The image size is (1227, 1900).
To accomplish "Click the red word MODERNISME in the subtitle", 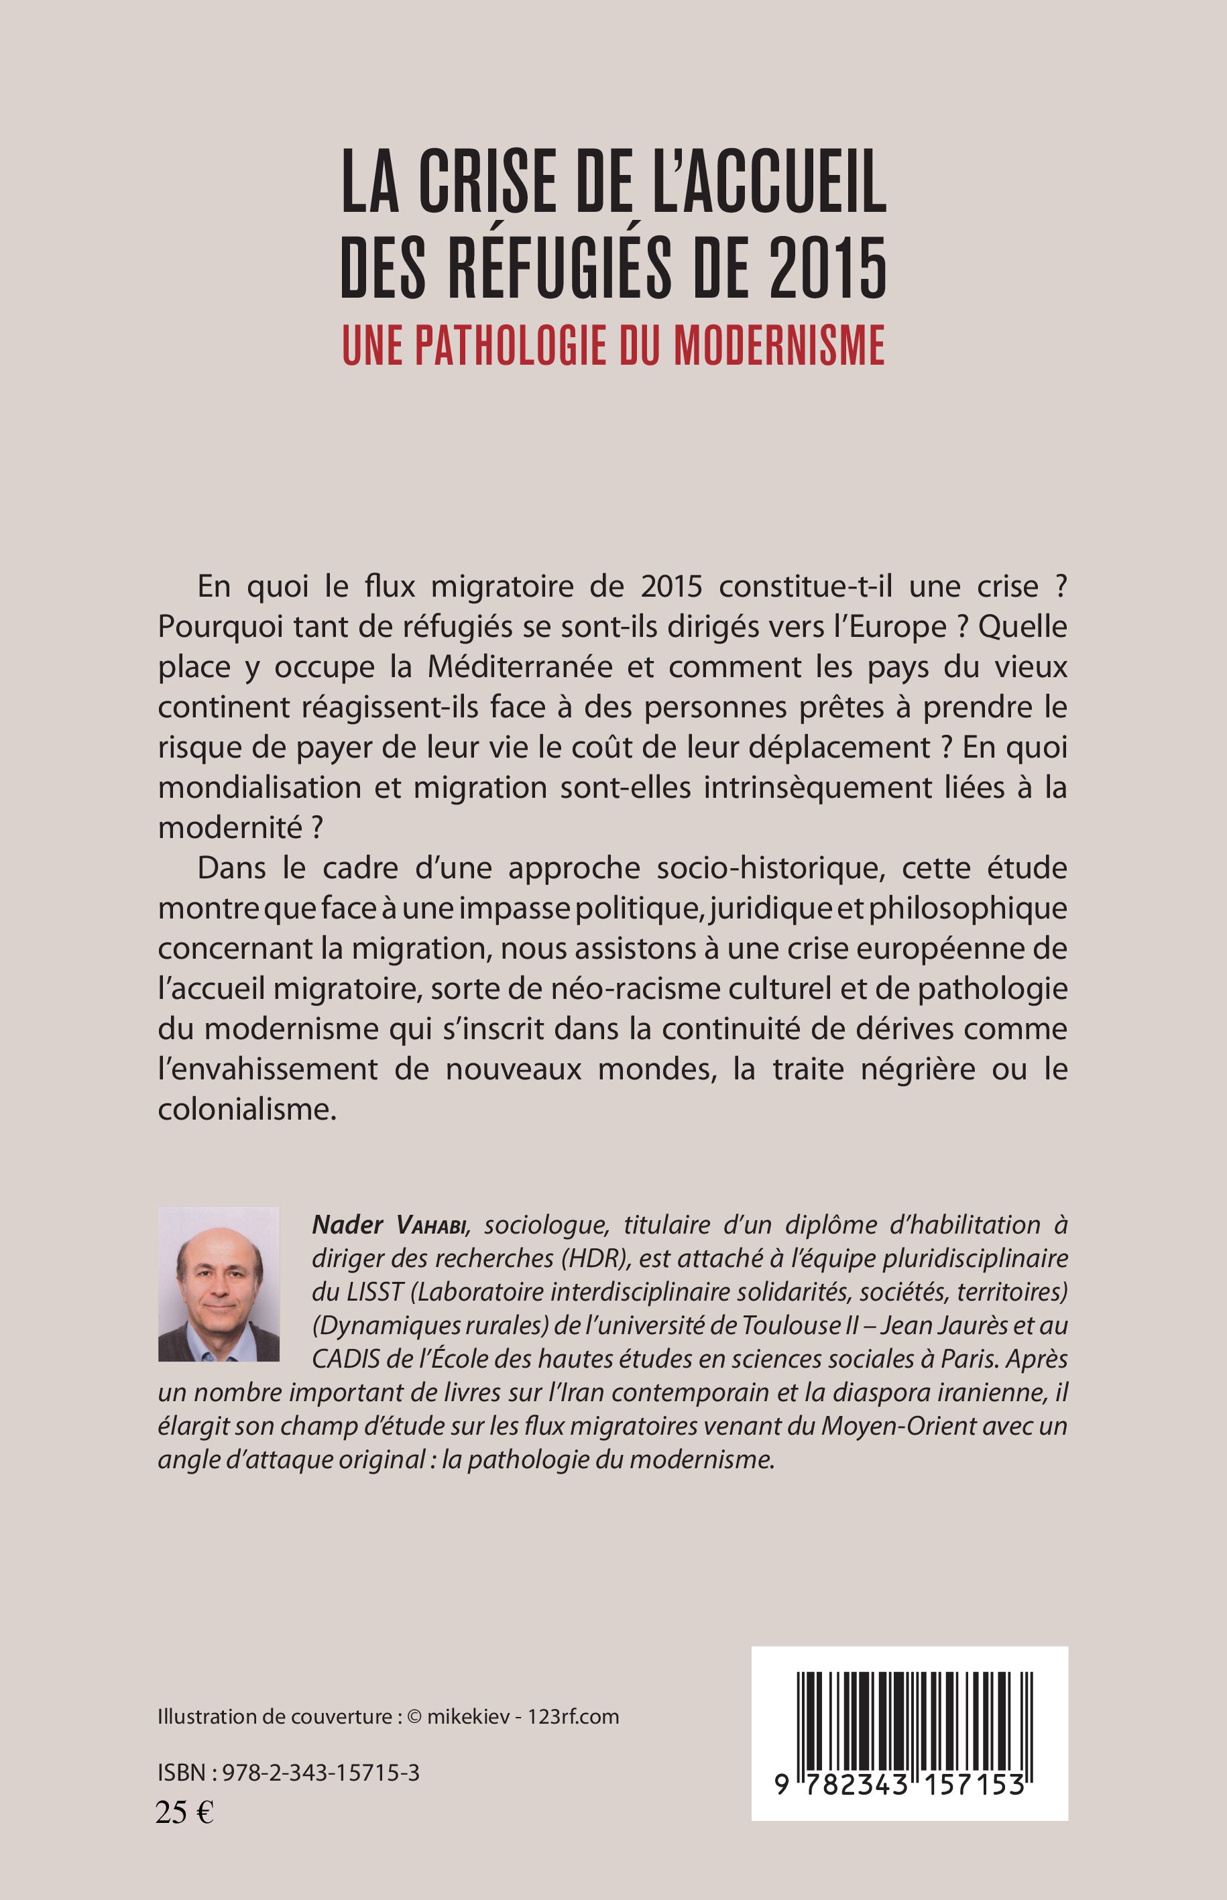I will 779,345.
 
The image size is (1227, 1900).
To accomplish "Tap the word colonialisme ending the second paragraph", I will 247,1110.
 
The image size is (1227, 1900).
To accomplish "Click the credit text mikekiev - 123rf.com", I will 523,1717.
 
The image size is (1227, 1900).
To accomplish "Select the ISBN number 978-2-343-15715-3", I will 320,1773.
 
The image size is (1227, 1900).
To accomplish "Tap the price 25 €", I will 185,1813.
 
